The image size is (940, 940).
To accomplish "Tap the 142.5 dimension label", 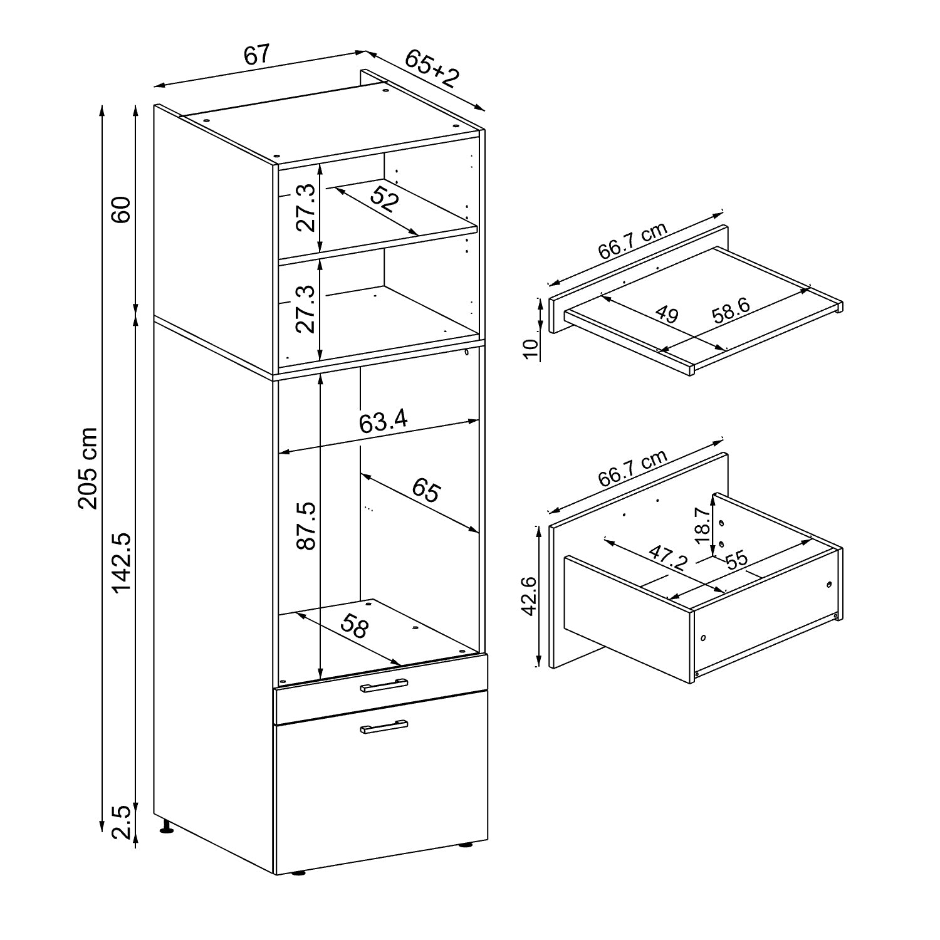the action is tap(121, 562).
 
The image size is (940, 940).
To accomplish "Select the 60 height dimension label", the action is tap(121, 209).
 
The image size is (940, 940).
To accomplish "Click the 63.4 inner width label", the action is tap(384, 421).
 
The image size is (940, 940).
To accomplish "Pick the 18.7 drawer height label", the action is tap(702, 525).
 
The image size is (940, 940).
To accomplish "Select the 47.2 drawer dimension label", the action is tap(668, 557).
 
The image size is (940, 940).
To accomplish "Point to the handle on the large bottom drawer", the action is tap(384, 726).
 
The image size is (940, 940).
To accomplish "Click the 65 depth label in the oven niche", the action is tap(426, 491).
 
